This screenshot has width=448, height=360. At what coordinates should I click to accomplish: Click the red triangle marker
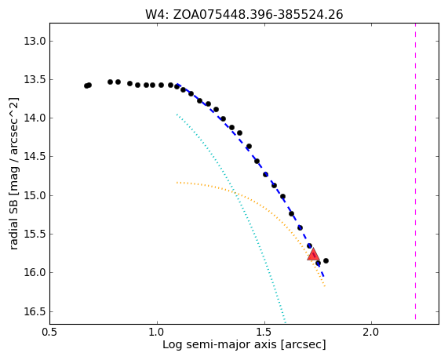click(x=313, y=255)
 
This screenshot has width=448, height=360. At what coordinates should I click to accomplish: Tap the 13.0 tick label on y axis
click(x=35, y=41)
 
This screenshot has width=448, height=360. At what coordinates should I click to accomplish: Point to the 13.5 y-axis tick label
click(x=35, y=80)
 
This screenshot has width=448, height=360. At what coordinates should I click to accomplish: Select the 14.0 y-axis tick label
click(x=35, y=118)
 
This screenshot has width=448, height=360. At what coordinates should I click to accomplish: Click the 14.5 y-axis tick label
click(x=35, y=157)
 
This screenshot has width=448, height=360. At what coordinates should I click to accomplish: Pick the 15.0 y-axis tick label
click(x=35, y=196)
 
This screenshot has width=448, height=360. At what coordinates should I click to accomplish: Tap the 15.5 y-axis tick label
click(x=35, y=234)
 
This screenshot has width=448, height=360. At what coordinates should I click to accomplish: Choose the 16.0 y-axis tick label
click(x=35, y=273)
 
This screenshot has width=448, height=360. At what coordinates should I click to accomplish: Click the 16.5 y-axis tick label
click(x=35, y=311)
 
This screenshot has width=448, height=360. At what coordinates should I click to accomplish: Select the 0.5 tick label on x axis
click(x=49, y=333)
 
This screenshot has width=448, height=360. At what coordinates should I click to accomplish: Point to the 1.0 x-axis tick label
click(x=157, y=333)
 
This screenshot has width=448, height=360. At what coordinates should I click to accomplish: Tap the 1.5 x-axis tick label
click(x=264, y=333)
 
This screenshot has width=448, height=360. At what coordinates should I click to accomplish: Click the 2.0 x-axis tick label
click(x=371, y=333)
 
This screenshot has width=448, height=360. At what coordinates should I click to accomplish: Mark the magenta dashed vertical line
click(x=415, y=172)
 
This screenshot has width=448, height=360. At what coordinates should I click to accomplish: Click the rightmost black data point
click(x=326, y=260)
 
